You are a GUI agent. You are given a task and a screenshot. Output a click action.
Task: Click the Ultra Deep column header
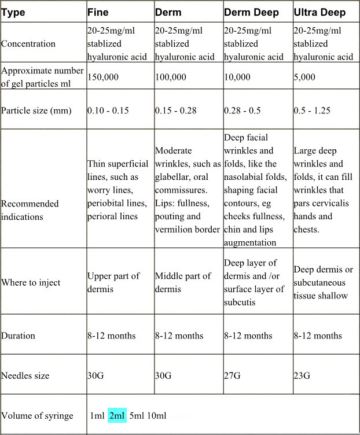point(321,13)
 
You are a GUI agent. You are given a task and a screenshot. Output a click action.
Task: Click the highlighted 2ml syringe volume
point(117,416)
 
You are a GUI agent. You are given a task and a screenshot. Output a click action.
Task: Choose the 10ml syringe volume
point(156,416)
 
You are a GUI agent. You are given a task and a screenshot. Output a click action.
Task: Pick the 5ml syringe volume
point(137,416)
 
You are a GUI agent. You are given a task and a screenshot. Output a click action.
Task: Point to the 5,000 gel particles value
point(304,76)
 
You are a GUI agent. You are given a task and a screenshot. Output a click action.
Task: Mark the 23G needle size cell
point(302,376)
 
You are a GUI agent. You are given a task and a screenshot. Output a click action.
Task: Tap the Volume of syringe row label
point(37,416)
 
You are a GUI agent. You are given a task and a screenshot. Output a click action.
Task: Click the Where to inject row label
point(31,283)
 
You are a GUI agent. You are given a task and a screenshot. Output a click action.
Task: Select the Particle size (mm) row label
point(36,110)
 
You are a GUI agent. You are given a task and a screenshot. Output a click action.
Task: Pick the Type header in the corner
point(13,13)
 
